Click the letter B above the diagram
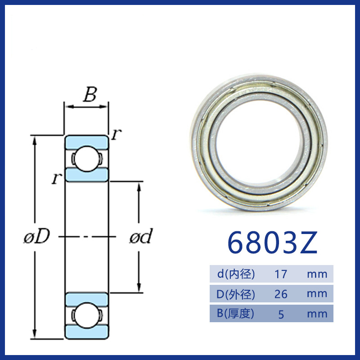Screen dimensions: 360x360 (x=90, y=94)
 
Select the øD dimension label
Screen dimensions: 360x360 (x=37, y=236)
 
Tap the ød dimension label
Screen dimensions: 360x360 (x=141, y=236)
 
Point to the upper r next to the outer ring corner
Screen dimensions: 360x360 (x=116, y=134)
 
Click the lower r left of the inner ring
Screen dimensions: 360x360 (x=57, y=178)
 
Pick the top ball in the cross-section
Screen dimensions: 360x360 (x=86, y=159)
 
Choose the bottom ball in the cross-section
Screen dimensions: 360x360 (x=86, y=315)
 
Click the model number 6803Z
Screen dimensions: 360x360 (x=272, y=243)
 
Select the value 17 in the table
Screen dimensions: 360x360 (x=281, y=274)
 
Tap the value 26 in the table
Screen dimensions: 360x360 (x=281, y=294)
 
